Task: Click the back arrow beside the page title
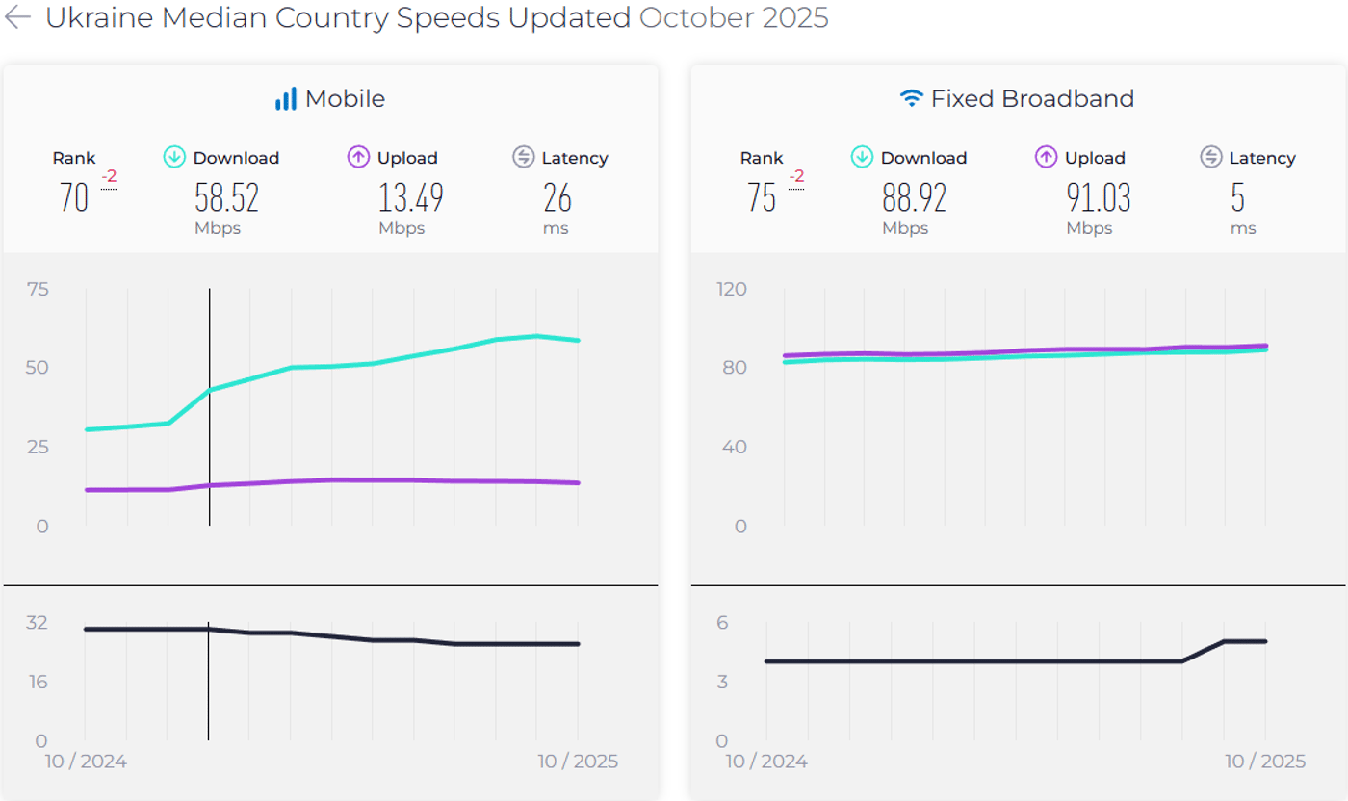18,17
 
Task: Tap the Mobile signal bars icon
286,98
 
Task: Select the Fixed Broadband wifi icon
911,98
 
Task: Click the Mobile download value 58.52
226,197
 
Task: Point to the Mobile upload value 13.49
410,197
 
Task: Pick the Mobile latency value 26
557,197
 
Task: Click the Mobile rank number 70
74,197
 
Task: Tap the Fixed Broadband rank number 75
762,197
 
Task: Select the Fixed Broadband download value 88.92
914,197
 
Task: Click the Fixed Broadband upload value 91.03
1098,197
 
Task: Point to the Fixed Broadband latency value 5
1237,197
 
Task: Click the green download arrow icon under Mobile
174,157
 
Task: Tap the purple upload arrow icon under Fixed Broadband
1046,157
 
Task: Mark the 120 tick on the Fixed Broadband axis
733,289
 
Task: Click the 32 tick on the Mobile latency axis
37,622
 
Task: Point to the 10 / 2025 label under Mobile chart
578,762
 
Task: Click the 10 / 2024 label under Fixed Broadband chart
766,762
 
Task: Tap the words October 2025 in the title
734,17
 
